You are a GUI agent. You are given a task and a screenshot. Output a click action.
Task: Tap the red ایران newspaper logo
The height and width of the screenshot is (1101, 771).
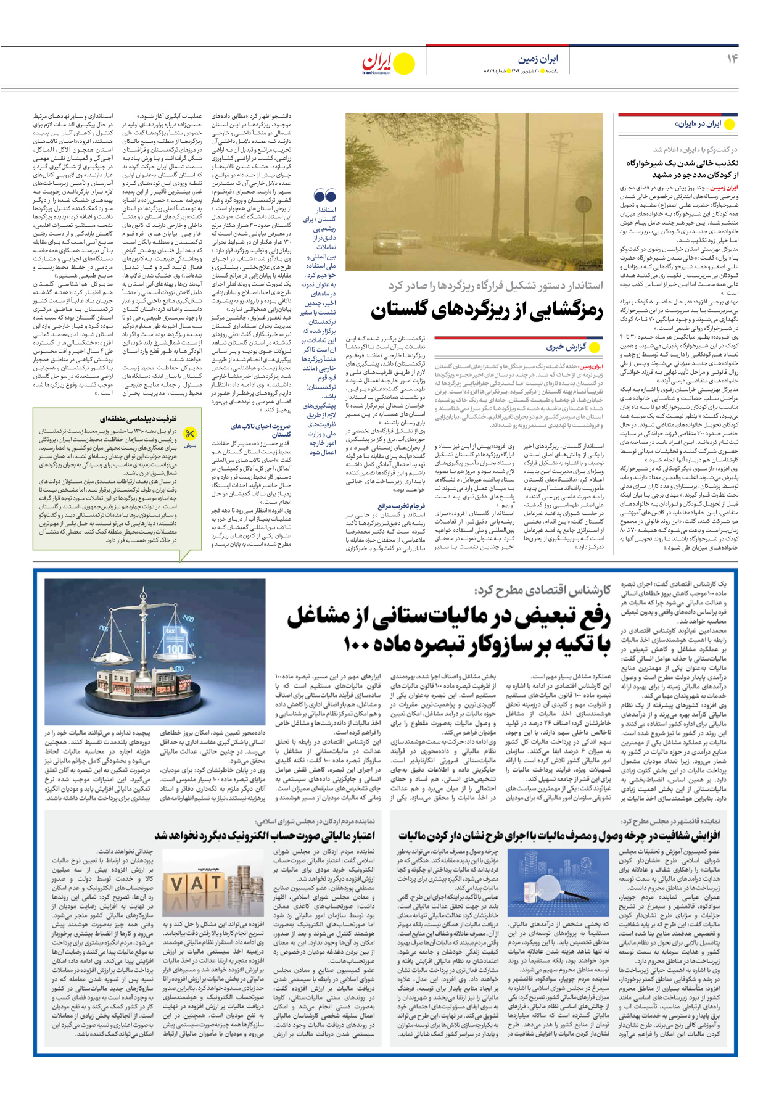click(x=377, y=62)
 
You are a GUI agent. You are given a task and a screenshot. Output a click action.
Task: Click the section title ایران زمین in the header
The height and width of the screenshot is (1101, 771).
click(x=538, y=59)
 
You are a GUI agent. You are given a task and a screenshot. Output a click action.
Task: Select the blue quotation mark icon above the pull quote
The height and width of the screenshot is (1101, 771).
click(x=324, y=196)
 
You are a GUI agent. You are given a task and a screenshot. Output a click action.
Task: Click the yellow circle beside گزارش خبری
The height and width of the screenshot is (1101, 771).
click(x=595, y=347)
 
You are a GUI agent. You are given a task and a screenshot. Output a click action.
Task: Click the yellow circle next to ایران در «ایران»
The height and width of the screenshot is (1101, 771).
click(x=729, y=124)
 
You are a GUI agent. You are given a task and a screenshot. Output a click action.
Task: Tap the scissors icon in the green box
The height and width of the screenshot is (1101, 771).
click(x=191, y=434)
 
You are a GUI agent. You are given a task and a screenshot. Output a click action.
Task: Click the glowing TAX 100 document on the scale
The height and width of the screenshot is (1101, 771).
click(x=174, y=643)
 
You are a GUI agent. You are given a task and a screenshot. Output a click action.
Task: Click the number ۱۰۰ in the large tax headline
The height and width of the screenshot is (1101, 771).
click(x=357, y=645)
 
